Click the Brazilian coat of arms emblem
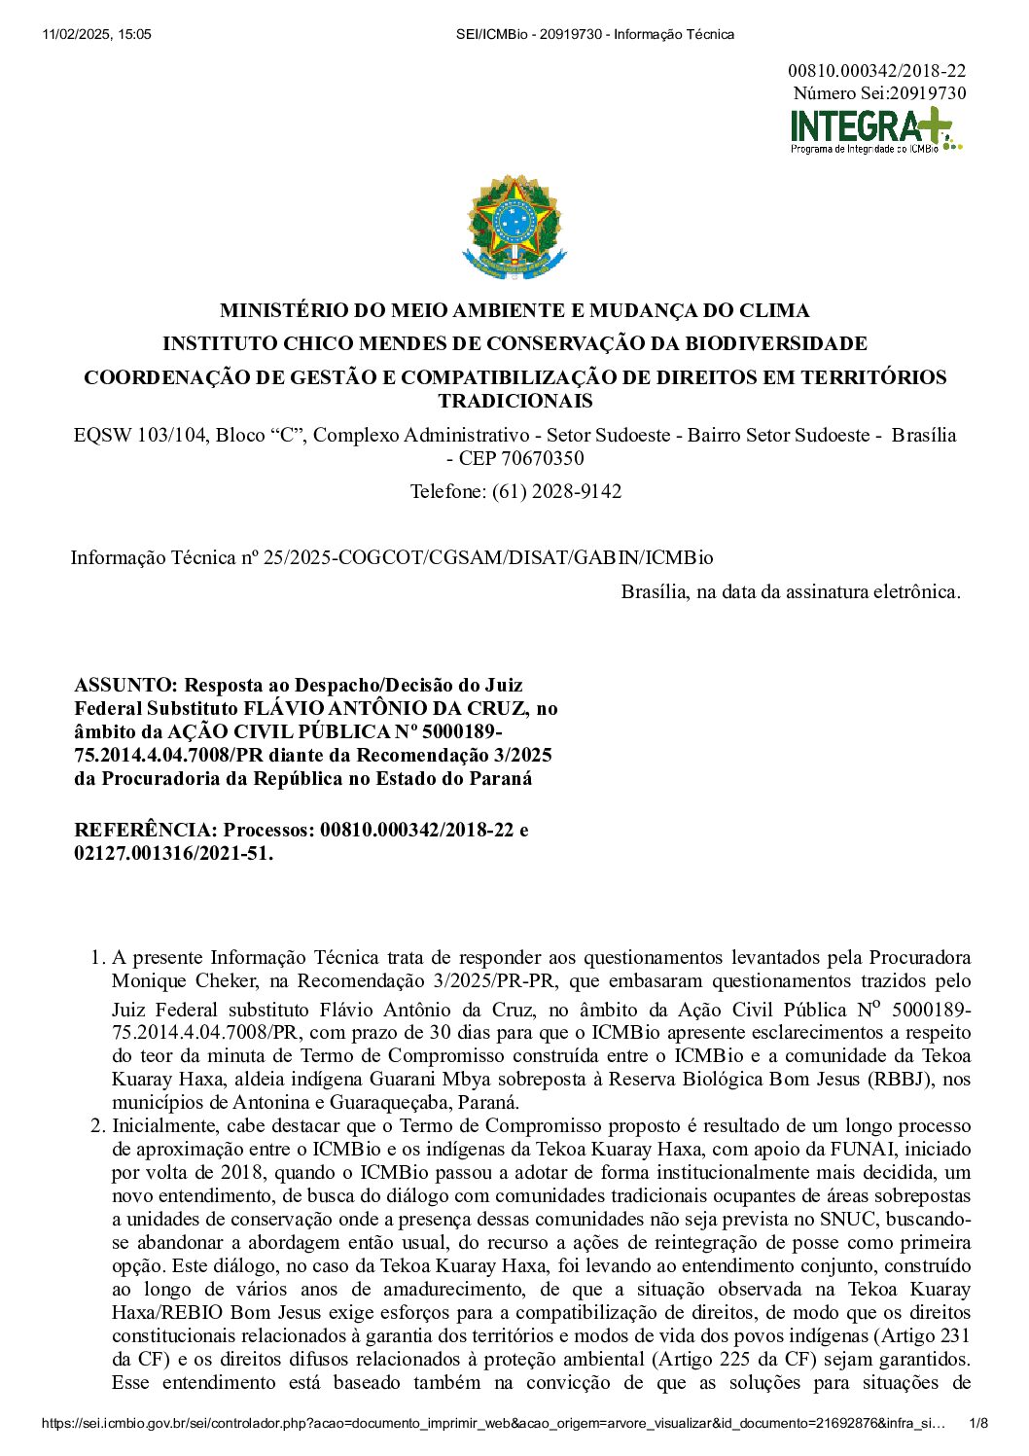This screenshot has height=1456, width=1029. [514, 229]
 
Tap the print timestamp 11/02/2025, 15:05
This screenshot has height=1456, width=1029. [97, 35]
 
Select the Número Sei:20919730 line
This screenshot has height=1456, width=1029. [879, 93]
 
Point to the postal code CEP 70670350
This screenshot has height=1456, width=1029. [521, 458]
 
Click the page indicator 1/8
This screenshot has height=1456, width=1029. [978, 1424]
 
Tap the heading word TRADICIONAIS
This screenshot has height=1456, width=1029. [514, 402]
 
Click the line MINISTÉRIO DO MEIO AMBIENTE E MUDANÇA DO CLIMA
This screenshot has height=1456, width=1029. [514, 311]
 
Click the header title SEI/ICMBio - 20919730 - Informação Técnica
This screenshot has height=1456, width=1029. [595, 35]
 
